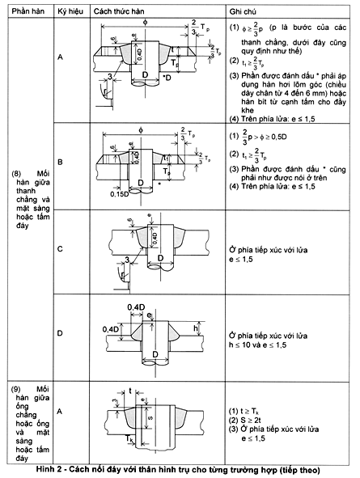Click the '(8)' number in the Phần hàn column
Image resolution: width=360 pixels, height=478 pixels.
[18, 172]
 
